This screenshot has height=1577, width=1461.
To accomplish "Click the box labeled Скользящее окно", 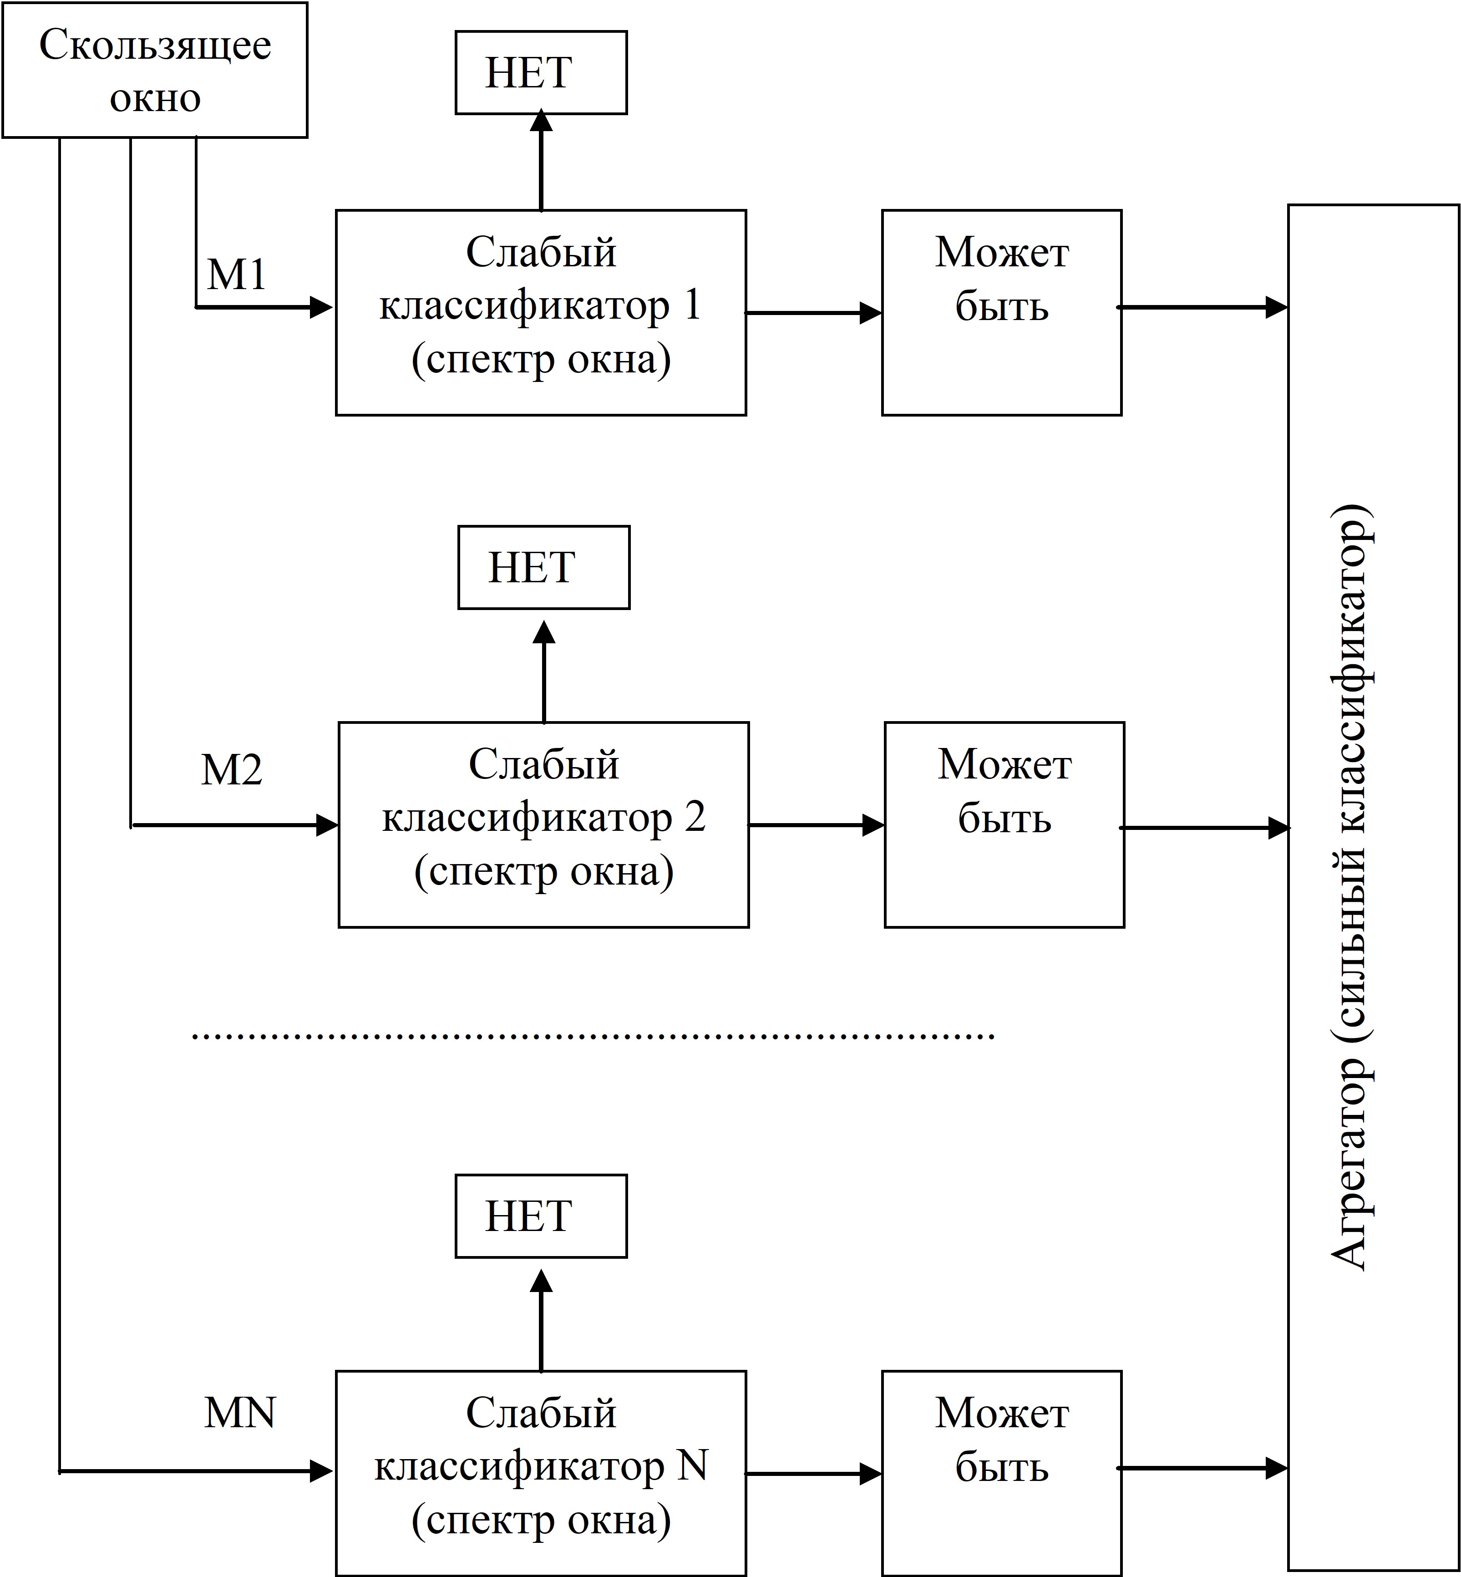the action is [x=155, y=71].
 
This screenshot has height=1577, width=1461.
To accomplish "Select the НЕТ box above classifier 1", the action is [x=542, y=73].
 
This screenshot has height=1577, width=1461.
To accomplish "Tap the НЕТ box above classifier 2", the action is [x=544, y=568].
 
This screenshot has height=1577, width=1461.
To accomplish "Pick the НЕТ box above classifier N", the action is [x=542, y=1216].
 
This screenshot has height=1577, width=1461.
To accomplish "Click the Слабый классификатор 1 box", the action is [x=542, y=312].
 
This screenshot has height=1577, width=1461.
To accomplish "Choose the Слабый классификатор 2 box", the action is [x=544, y=825].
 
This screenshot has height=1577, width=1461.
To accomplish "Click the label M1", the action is [x=236, y=275].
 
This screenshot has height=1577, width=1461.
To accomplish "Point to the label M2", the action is [x=232, y=769].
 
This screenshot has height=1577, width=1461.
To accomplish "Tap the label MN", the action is [x=239, y=1413].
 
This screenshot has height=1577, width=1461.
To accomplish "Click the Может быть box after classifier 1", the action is [x=1002, y=312].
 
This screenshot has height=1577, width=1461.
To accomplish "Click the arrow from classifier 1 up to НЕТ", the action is [x=542, y=161].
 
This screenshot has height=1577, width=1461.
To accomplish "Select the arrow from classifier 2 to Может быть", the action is [x=817, y=825].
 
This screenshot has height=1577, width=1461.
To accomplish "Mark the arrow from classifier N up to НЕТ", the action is [x=542, y=1320].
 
